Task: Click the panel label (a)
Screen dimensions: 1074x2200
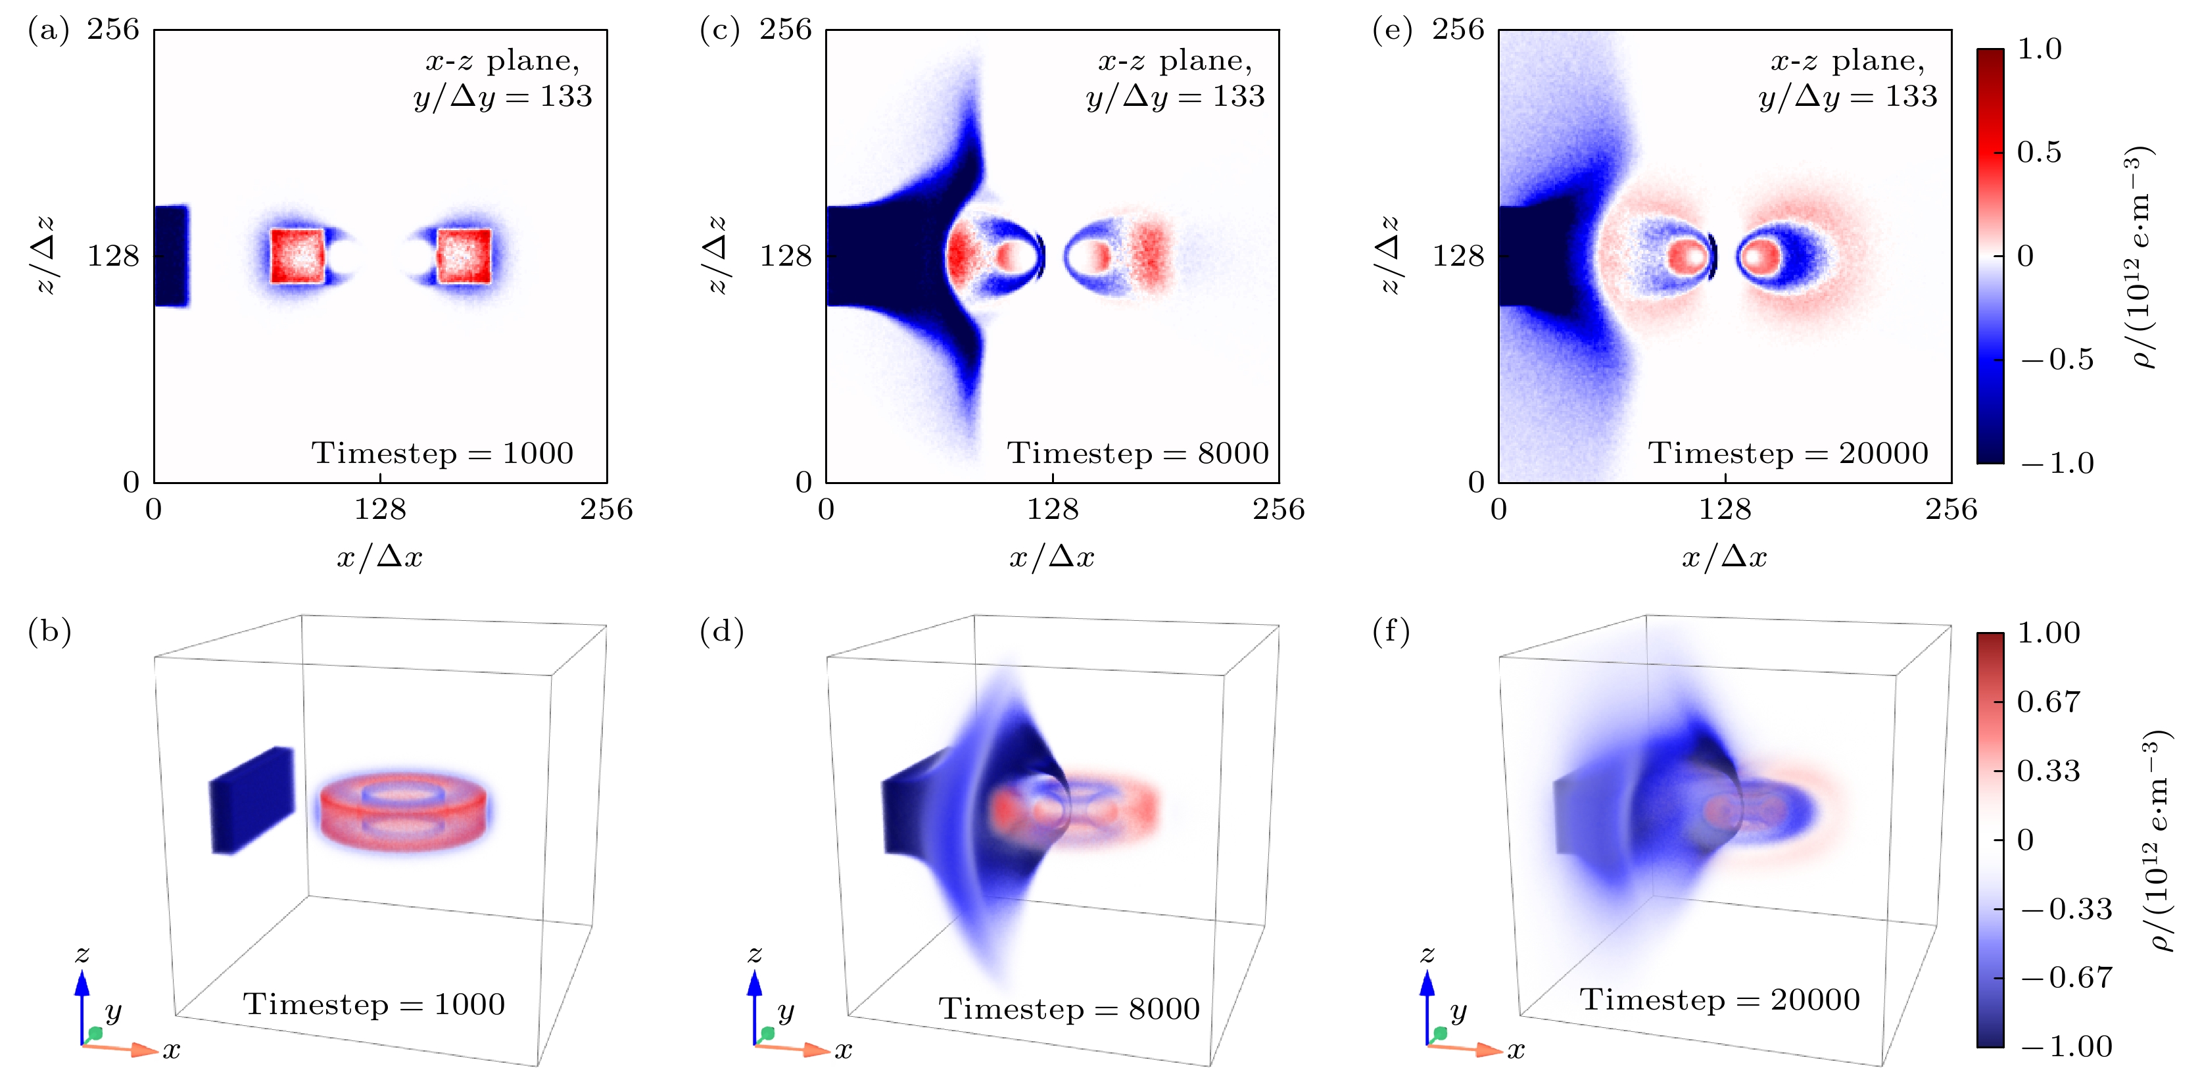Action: [x=48, y=31]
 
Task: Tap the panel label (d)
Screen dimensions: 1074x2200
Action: [x=722, y=632]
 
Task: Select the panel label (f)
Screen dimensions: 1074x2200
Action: [x=1391, y=632]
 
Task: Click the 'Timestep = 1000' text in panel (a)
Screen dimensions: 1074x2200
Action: [x=442, y=453]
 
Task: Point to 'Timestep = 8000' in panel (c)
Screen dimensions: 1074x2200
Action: [x=1137, y=453]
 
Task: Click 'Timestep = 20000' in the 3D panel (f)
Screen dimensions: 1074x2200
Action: [x=1719, y=1000]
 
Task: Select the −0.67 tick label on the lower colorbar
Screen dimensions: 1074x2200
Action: [x=2066, y=977]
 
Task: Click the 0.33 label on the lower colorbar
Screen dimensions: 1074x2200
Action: [x=2048, y=771]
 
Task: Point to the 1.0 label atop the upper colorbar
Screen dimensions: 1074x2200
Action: [x=2039, y=49]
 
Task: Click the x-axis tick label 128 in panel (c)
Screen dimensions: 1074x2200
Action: [x=1052, y=510]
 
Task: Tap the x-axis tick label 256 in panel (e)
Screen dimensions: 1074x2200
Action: [x=1951, y=510]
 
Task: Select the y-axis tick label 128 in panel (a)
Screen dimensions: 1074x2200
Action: [x=112, y=255]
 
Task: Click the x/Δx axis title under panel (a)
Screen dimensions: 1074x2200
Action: [x=379, y=557]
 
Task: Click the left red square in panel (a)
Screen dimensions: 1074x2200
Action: [x=297, y=255]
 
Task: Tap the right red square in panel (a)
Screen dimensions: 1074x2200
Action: [x=464, y=255]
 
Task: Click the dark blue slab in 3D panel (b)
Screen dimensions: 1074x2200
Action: [x=252, y=800]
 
